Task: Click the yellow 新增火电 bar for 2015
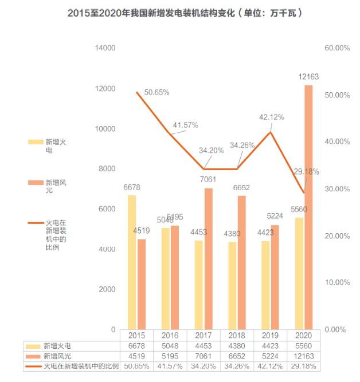coord(132,262)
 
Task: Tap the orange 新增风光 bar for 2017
coord(209,258)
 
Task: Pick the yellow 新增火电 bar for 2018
coord(232,285)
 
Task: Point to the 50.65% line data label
coord(156,92)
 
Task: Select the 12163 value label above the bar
coord(309,76)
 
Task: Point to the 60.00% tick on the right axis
coord(337,48)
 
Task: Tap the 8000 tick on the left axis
coord(107,169)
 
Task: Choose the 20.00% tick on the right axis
coord(337,236)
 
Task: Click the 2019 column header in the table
coord(269,336)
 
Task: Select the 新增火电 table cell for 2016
coord(170,346)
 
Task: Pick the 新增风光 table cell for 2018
coord(237,356)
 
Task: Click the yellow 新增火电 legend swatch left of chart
coord(35,141)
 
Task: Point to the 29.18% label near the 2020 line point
coord(307,171)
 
